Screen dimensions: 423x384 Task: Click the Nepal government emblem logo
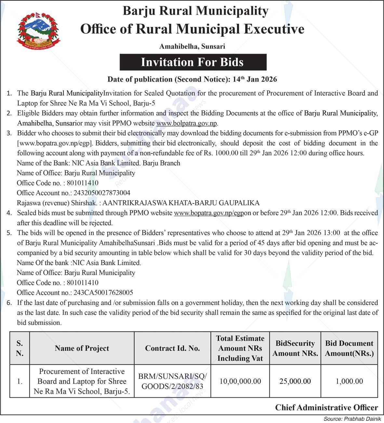click(x=38, y=31)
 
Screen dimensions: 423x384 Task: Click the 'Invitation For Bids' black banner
click(x=193, y=62)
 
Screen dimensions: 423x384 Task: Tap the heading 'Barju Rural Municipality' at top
click(x=195, y=11)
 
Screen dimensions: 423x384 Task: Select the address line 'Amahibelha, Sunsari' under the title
click(x=192, y=46)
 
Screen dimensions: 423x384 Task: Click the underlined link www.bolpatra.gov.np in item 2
click(x=187, y=123)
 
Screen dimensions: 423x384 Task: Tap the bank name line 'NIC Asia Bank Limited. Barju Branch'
click(x=98, y=163)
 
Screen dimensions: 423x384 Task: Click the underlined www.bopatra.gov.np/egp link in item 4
click(x=208, y=213)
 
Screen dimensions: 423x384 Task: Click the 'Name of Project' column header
click(x=82, y=348)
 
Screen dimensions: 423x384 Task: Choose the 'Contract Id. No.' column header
click(x=172, y=348)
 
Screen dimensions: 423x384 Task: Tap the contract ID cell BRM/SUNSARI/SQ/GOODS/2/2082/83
click(x=172, y=381)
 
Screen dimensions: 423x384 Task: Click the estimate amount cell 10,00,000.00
click(x=240, y=381)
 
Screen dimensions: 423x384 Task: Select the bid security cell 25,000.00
click(x=295, y=381)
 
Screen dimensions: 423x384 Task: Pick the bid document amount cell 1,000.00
click(x=349, y=381)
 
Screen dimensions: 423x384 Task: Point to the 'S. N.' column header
click(x=20, y=348)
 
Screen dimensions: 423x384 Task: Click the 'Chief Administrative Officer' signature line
click(x=326, y=408)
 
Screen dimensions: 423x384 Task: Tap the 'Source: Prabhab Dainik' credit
click(x=352, y=419)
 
